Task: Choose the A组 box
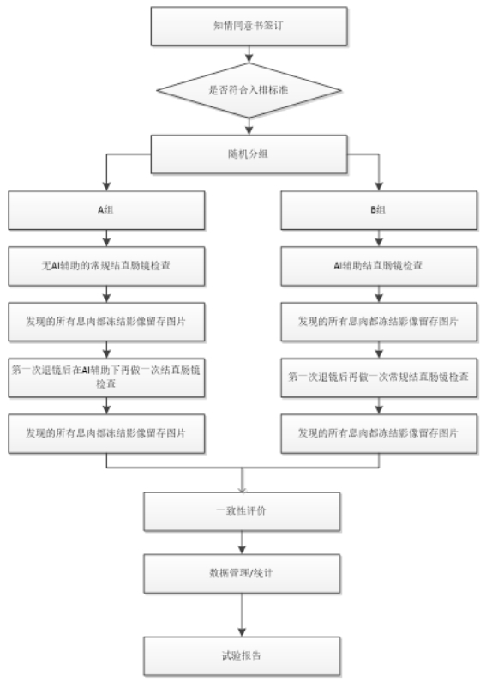point(106,208)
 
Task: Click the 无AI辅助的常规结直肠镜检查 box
point(106,267)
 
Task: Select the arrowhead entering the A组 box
point(106,188)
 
